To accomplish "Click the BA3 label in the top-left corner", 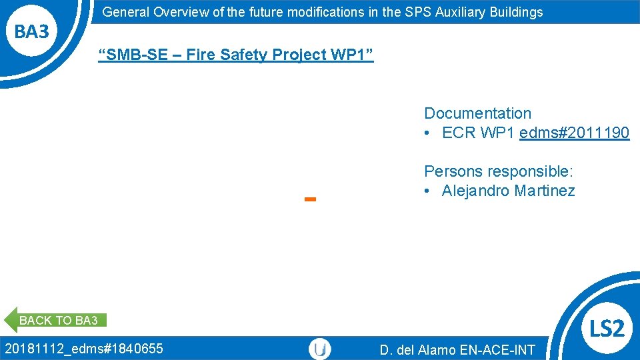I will click(32, 31).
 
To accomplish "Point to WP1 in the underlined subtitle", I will click(347, 55).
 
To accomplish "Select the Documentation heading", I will click(477, 113).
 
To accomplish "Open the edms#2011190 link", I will click(574, 133).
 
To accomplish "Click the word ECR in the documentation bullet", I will click(458, 133).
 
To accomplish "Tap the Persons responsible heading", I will click(498, 171).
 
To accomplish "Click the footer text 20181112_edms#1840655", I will click(84, 348).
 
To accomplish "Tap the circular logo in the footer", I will click(320, 349).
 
